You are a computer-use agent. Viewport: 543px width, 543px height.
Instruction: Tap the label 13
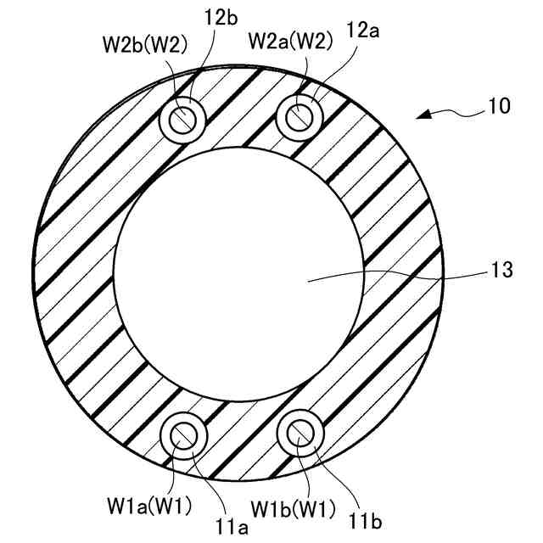pyautogui.click(x=501, y=271)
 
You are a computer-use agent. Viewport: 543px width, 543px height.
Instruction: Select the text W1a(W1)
pyautogui.click(x=149, y=506)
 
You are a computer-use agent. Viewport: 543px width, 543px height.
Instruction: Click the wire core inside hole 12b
pyautogui.click(x=184, y=118)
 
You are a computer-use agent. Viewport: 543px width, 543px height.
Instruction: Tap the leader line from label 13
pyautogui.click(x=399, y=274)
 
